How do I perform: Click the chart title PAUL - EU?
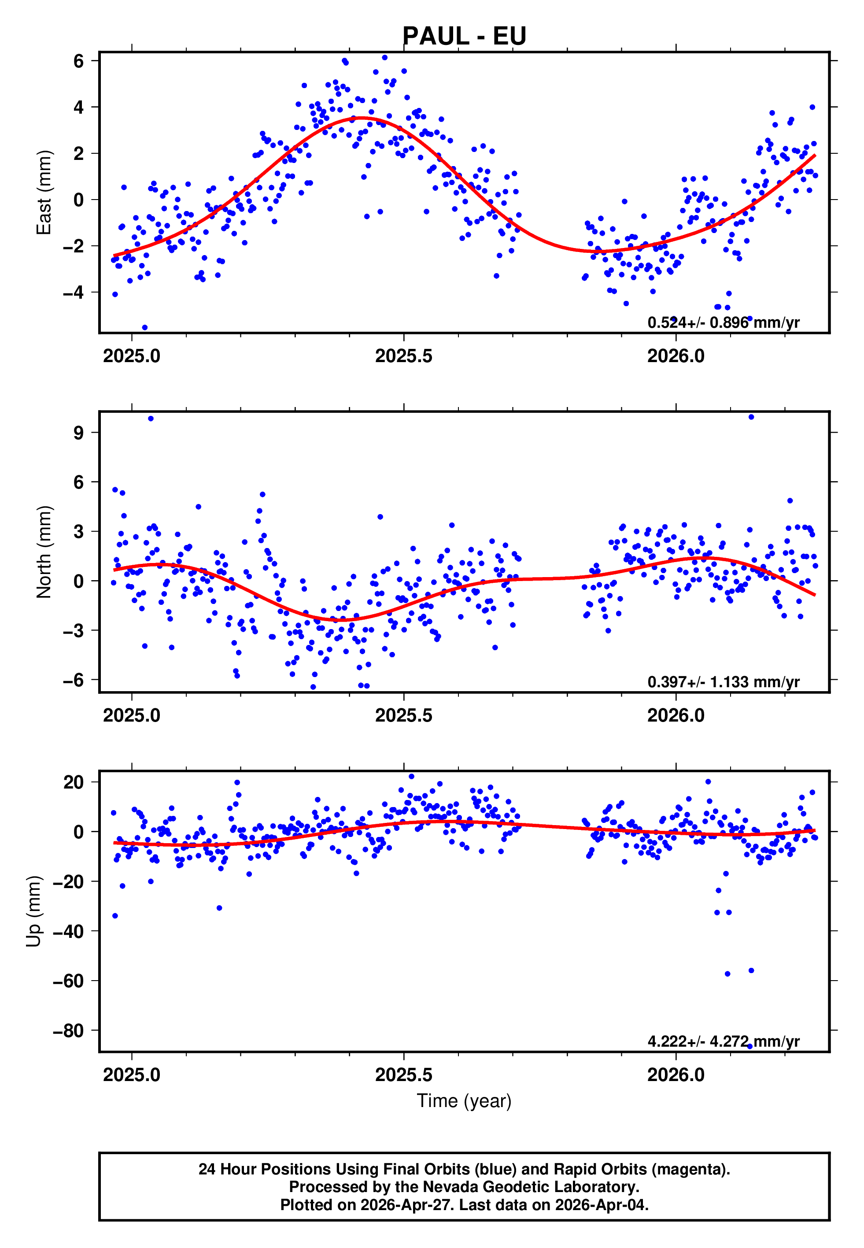tap(464, 36)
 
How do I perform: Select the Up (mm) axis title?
tap(33, 911)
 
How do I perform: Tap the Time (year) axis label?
tap(464, 1101)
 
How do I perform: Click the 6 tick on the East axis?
tap(79, 61)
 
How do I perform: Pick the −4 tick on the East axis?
tap(74, 293)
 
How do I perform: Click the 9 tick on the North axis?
tap(79, 433)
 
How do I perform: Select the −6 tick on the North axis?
tap(74, 680)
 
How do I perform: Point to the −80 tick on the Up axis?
tap(68, 1030)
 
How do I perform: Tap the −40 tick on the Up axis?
tap(68, 931)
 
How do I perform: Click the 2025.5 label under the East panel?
tap(404, 356)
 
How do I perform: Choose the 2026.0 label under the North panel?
tap(676, 716)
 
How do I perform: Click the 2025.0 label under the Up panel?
tap(132, 1075)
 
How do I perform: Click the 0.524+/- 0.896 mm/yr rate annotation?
tap(723, 323)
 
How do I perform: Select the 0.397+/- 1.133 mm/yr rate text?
tap(723, 682)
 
